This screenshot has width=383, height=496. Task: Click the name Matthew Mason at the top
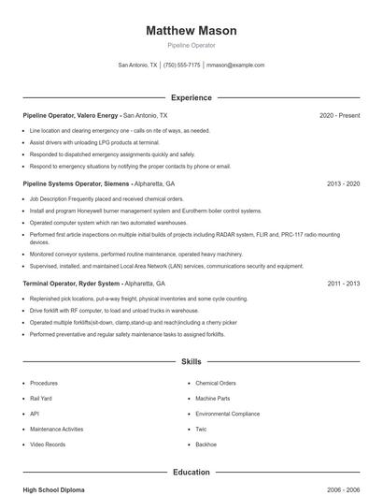tap(191, 31)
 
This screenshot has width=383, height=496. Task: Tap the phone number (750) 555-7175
tap(181, 66)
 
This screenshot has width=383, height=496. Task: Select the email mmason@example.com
tap(235, 66)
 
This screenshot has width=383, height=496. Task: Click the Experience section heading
tap(191, 97)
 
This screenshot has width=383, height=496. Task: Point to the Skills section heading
tap(191, 360)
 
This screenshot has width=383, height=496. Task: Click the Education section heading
tap(191, 473)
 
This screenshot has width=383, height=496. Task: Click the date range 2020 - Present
tap(339, 115)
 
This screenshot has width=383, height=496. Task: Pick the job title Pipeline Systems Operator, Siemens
tap(76, 184)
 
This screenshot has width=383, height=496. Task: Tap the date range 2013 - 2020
tap(343, 184)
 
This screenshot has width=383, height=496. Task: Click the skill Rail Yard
tap(42, 398)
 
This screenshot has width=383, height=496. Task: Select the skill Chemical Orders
tap(216, 383)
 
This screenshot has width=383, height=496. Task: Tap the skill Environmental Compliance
tap(227, 413)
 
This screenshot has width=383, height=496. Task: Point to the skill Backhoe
tap(206, 444)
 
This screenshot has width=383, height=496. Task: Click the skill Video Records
tap(48, 444)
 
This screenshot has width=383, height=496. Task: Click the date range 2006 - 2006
tap(343, 489)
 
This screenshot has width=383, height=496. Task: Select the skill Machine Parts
tap(213, 398)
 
